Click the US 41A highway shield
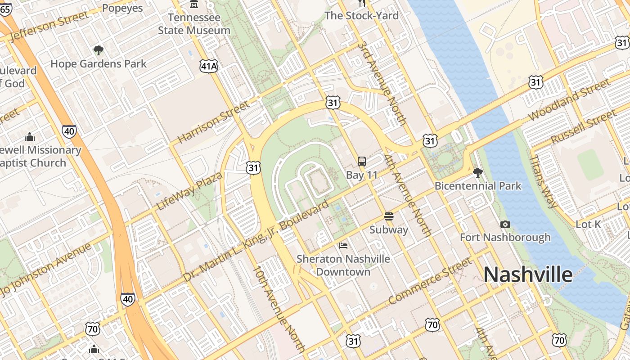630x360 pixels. [209, 66]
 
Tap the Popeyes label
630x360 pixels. [122, 8]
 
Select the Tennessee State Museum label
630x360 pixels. [194, 24]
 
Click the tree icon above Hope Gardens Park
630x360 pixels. [98, 50]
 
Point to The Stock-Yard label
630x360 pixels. [362, 16]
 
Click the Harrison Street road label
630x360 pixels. [213, 122]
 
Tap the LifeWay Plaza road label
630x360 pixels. [189, 191]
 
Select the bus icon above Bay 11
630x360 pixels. [361, 162]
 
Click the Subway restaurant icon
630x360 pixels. [389, 216]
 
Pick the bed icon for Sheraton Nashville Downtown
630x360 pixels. [343, 246]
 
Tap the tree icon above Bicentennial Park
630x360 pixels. [477, 172]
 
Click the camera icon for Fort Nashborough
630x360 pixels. [505, 224]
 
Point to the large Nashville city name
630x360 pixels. [528, 274]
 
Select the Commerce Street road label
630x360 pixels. [430, 280]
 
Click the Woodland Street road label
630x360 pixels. [569, 100]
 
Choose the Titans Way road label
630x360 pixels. [543, 181]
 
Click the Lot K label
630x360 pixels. [588, 224]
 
